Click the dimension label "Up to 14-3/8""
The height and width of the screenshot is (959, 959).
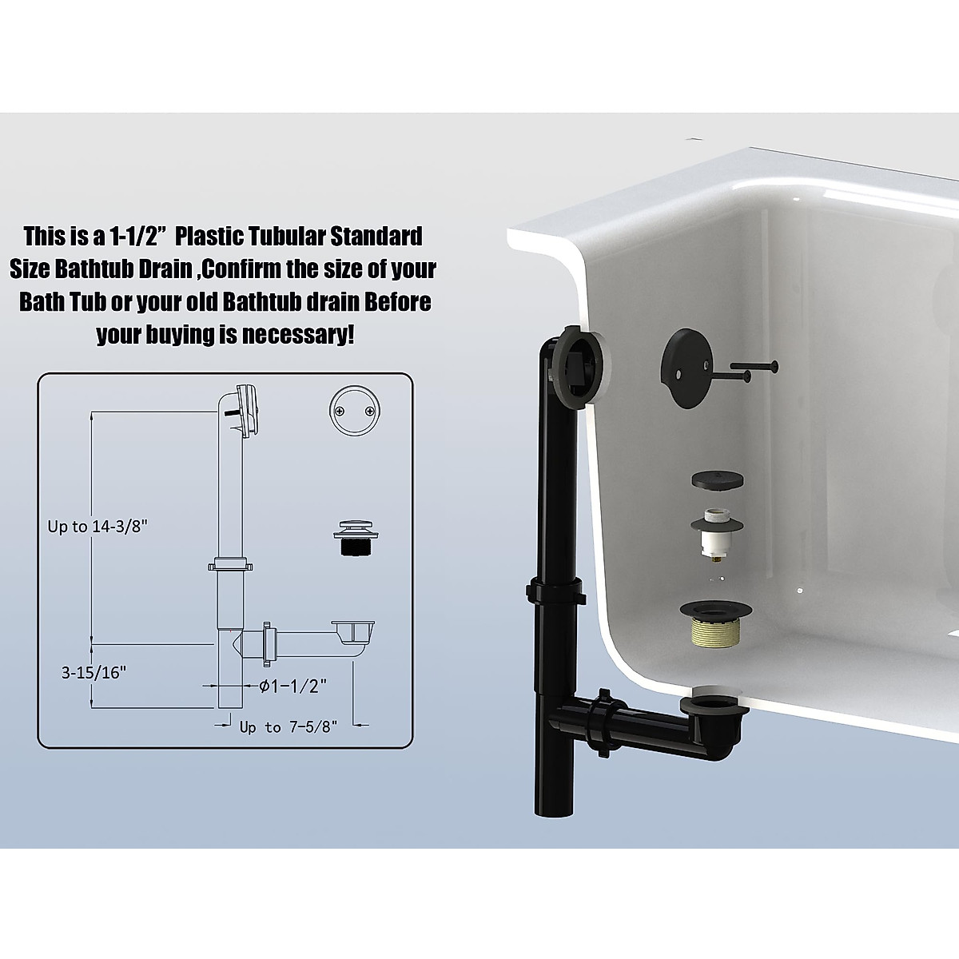[x=98, y=527]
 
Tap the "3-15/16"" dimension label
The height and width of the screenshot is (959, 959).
[x=94, y=672]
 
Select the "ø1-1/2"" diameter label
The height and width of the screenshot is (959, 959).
[x=293, y=686]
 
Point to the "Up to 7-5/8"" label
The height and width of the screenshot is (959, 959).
[x=289, y=726]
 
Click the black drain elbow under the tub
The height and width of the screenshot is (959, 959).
[x=709, y=723]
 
